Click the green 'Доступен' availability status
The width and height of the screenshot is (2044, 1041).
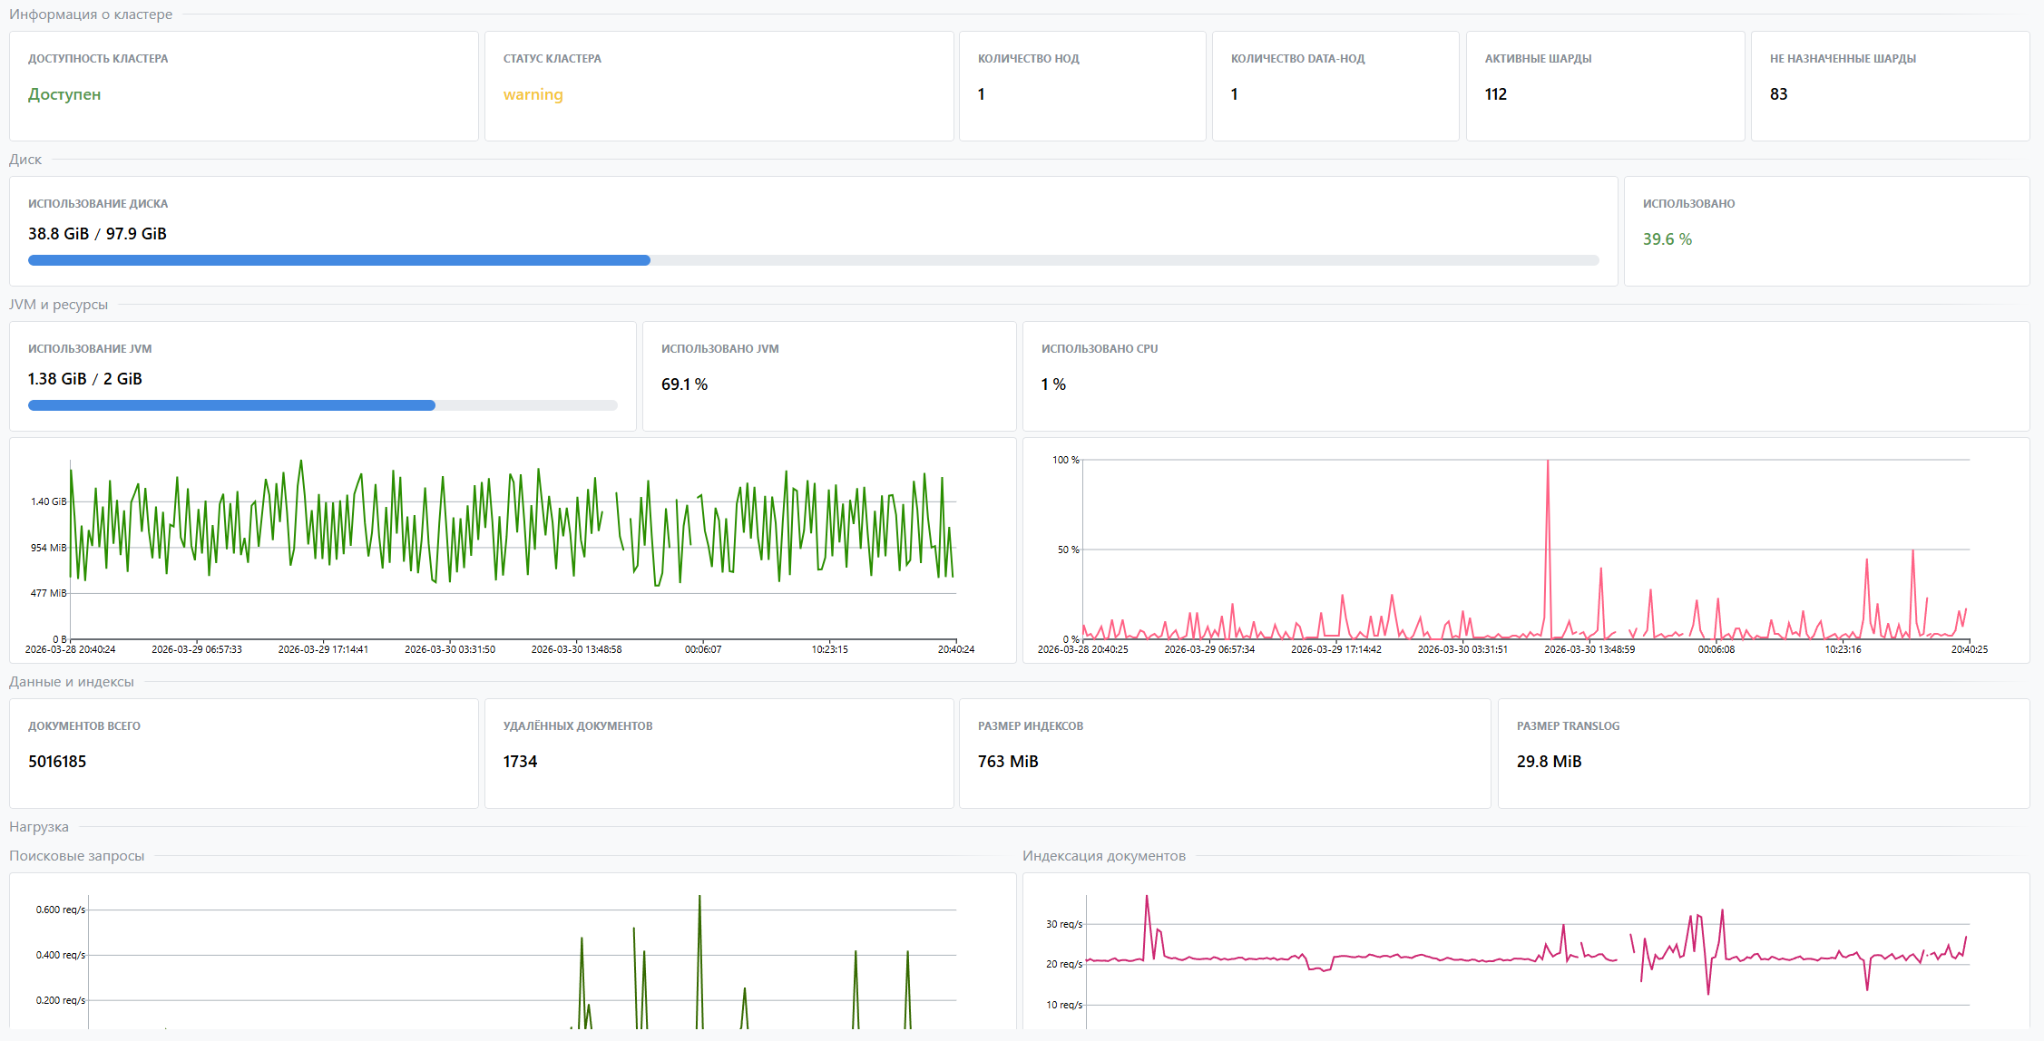click(64, 94)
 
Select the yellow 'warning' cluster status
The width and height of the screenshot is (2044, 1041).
click(533, 94)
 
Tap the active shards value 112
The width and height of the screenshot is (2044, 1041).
click(1495, 94)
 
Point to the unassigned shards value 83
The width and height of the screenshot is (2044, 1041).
click(1778, 94)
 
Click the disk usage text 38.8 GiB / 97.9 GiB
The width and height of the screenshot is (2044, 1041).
click(97, 234)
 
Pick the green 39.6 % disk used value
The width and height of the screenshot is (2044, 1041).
click(1667, 239)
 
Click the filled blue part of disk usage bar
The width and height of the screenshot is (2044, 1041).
click(338, 260)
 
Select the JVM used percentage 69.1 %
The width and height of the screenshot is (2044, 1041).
click(684, 384)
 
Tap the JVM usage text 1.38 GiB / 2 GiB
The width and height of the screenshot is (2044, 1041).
click(84, 379)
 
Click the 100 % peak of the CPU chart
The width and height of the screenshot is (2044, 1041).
click(1548, 462)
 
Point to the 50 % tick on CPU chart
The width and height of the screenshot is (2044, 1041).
click(1068, 550)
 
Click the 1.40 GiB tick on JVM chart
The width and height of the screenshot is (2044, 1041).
click(48, 501)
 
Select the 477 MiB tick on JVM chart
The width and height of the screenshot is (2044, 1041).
click(48, 593)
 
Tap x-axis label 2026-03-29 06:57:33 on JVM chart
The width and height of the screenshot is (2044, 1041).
click(196, 649)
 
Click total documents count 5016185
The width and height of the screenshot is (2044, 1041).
click(57, 762)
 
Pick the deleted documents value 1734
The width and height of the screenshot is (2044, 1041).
click(520, 762)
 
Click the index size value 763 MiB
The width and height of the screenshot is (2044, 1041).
click(1007, 762)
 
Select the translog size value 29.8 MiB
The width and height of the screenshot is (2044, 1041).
click(1549, 762)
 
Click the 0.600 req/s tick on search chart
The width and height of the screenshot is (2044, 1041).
click(60, 910)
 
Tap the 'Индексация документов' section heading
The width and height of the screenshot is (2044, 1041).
click(1103, 856)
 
